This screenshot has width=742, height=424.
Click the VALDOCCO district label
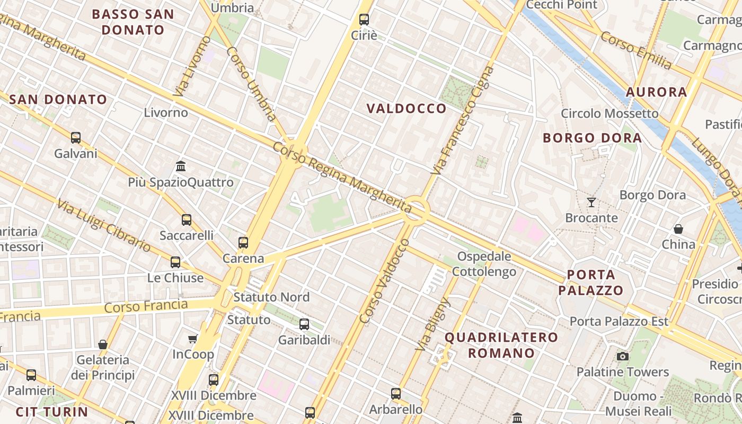point(407,109)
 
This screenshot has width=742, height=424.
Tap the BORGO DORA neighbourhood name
point(592,138)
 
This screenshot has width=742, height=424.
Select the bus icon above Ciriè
point(364,20)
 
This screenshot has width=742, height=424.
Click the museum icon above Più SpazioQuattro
point(181,166)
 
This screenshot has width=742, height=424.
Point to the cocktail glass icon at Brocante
point(591,202)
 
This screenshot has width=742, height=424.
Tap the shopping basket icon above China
point(678,229)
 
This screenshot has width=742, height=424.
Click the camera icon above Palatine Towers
point(622,356)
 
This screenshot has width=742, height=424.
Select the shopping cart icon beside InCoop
point(193,339)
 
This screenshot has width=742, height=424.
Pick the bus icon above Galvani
point(76,138)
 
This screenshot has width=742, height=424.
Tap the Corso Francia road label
point(146,306)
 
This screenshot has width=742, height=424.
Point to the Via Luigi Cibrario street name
point(104,225)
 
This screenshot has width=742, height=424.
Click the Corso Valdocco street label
point(384,281)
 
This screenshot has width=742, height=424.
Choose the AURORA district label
point(656,92)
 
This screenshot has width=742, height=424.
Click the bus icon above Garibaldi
point(304,324)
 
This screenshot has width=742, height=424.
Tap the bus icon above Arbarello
point(396,393)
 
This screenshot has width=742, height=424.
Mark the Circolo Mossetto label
point(609,113)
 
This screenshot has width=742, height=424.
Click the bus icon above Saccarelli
point(187,220)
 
